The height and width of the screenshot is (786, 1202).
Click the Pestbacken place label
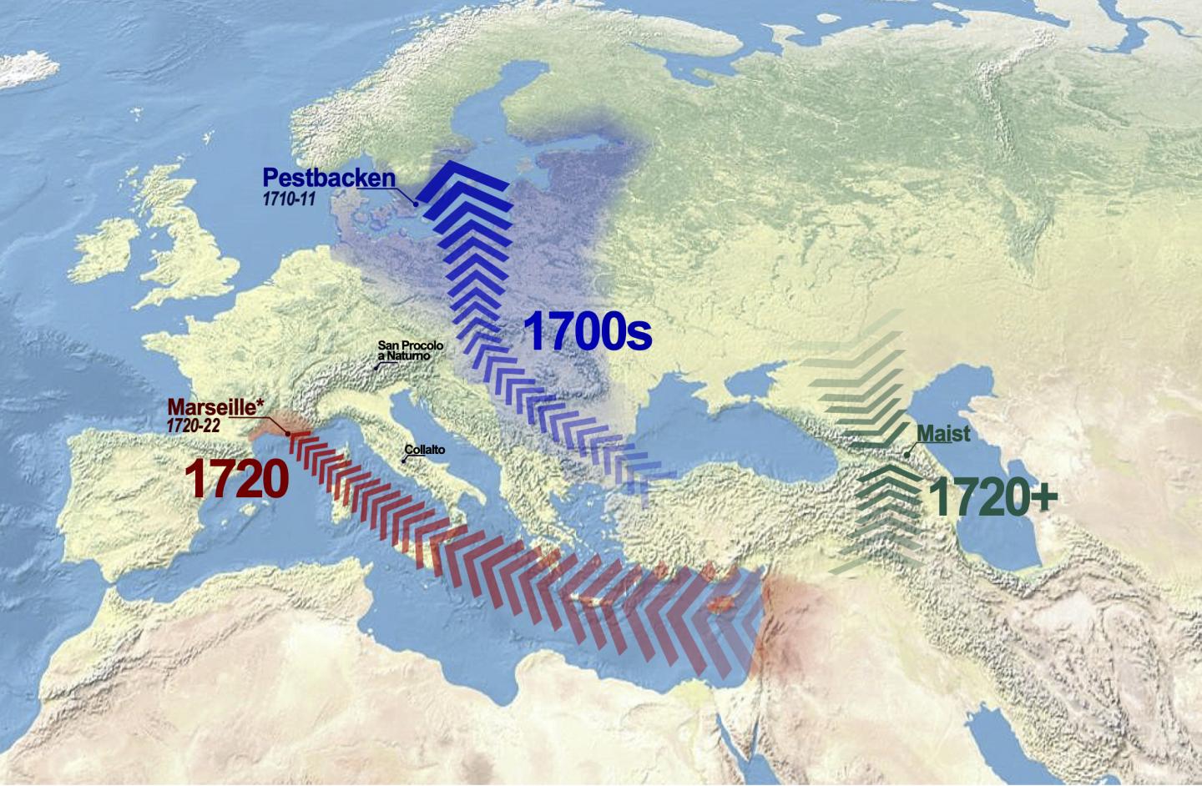point(328,178)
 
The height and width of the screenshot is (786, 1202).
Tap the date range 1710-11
point(289,199)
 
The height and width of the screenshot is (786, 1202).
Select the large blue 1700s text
point(587,332)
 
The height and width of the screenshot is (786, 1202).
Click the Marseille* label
point(216,408)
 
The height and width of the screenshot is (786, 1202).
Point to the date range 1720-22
point(193,425)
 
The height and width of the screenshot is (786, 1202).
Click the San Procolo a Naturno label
point(410,350)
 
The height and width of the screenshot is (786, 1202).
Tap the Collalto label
point(425,450)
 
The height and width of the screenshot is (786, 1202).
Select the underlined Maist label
point(943,434)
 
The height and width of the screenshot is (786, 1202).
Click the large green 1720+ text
point(992,496)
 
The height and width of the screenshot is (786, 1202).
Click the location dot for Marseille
point(288,433)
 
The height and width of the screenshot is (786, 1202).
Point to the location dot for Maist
point(907,456)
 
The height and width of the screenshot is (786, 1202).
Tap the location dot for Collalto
point(405,461)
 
